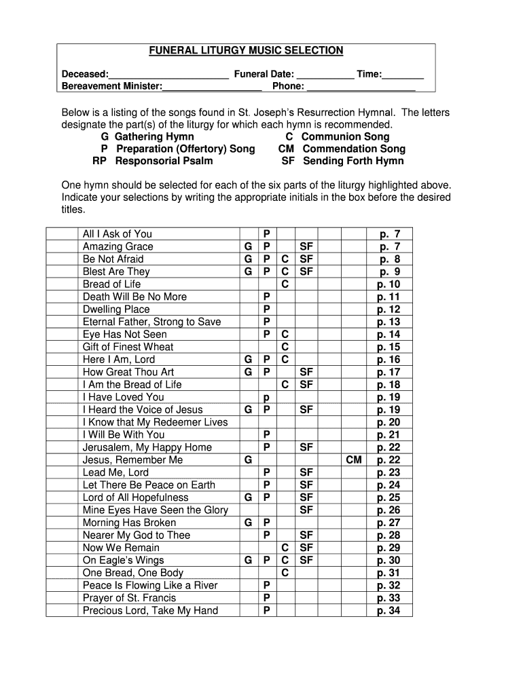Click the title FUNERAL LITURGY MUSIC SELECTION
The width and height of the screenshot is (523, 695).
[247, 51]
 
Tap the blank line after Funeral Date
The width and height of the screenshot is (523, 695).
[325, 75]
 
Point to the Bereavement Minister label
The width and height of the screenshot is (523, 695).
[112, 87]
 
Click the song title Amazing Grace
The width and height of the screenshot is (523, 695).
[118, 246]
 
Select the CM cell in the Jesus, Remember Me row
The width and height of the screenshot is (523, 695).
[354, 460]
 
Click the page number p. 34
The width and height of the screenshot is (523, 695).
[389, 611]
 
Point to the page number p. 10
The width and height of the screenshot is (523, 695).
[389, 284]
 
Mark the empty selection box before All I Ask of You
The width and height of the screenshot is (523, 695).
[62, 234]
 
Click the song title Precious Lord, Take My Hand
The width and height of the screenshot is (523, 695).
[150, 611]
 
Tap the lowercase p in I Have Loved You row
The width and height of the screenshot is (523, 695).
[267, 397]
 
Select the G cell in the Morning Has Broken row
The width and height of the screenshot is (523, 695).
[249, 523]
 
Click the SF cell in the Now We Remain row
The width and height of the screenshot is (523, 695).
[306, 548]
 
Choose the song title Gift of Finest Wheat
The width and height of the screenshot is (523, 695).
[128, 347]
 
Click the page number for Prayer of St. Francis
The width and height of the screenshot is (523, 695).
[389, 598]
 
